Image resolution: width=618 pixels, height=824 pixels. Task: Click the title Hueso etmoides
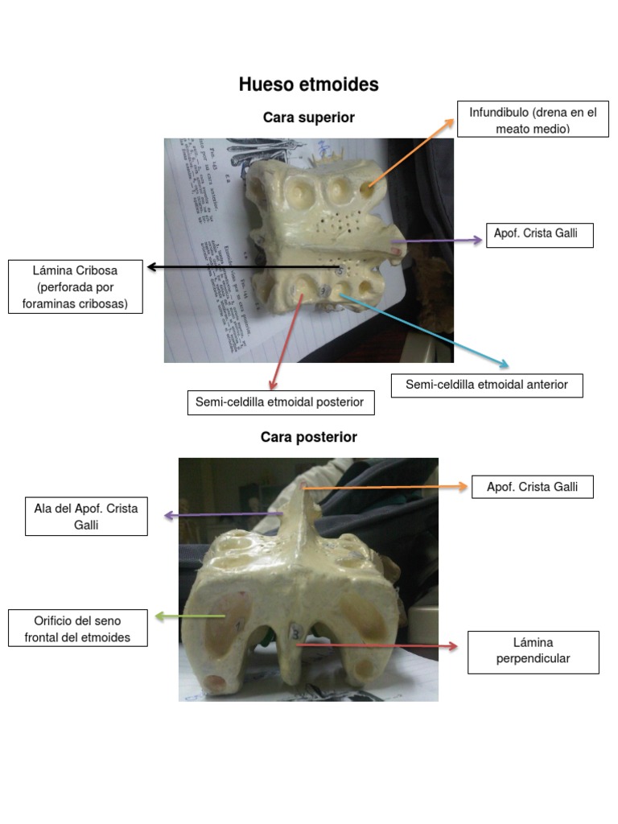(308, 85)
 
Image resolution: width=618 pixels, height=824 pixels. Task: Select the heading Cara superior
(308, 117)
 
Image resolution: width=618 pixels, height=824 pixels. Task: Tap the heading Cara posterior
(308, 437)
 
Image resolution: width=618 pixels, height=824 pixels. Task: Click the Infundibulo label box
(533, 120)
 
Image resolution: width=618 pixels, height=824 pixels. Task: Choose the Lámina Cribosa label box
(76, 286)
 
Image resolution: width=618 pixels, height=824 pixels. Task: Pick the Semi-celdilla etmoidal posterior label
(281, 402)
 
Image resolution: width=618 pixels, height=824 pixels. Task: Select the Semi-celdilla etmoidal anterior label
(487, 385)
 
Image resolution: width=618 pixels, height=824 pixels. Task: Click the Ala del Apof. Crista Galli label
(86, 517)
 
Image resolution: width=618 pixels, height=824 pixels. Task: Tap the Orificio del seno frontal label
(78, 628)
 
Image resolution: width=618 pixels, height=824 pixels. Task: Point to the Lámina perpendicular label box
(533, 652)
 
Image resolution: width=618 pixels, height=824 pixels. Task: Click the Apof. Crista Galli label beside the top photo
(539, 235)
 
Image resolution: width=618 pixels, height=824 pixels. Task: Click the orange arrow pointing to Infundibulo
(410, 154)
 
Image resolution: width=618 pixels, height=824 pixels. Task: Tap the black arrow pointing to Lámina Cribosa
(241, 267)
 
